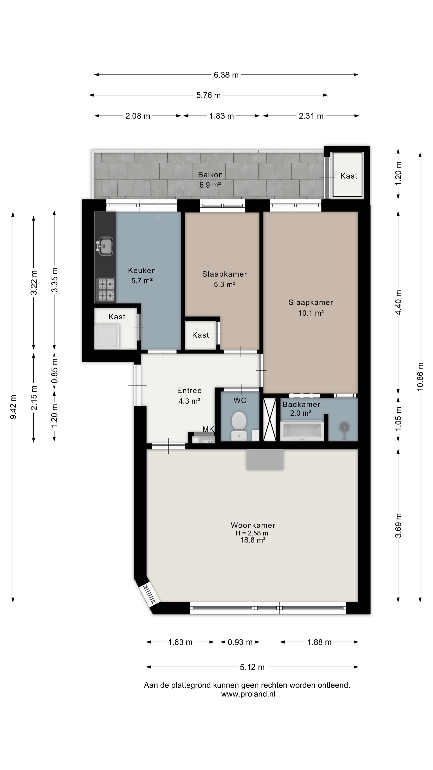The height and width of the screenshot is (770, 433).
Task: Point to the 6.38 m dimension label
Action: [226, 75]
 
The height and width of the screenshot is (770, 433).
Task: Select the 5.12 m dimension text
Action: [252, 667]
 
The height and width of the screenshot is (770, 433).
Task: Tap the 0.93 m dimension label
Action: [240, 642]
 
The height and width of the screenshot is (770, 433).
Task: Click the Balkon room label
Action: [210, 175]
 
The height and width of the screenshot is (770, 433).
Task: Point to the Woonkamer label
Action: [253, 525]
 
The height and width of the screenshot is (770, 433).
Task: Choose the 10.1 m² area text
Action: [311, 313]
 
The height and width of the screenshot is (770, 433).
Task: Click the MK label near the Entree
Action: [208, 429]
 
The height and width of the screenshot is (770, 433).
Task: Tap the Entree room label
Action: [189, 390]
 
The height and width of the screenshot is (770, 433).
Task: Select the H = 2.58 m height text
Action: [252, 533]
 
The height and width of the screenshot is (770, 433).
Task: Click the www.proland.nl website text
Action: [248, 694]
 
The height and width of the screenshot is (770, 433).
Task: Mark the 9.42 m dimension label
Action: [13, 406]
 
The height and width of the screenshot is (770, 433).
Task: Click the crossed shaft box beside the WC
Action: [270, 419]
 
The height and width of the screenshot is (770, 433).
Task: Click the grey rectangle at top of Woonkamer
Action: [265, 459]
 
